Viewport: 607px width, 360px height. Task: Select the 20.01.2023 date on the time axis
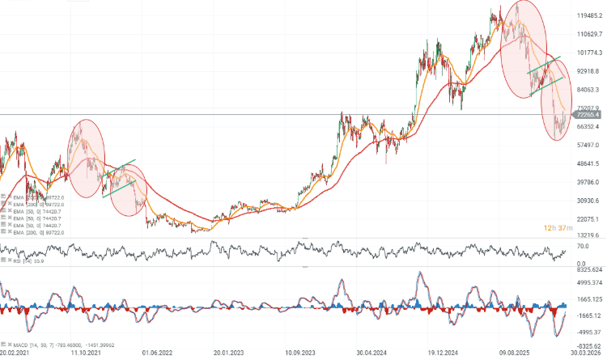[229, 353]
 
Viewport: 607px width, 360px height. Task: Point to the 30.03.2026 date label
[586, 353]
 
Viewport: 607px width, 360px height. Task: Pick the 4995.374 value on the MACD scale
[589, 284]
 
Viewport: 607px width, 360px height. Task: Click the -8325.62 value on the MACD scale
[589, 345]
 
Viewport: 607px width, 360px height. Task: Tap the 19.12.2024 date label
[444, 353]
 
